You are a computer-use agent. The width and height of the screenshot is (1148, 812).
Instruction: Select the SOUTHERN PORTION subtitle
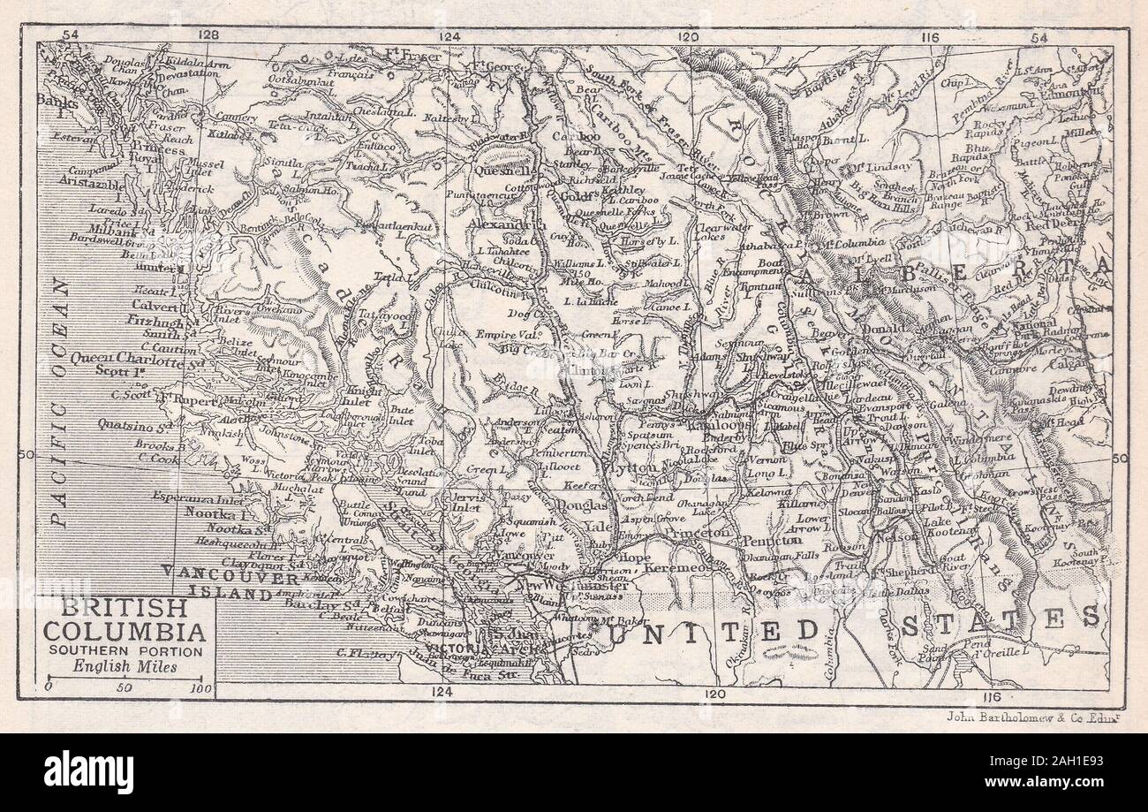(x=125, y=651)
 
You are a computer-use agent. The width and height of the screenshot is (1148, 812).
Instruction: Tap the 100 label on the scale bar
(x=201, y=687)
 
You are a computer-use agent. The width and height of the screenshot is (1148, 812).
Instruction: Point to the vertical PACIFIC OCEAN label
(x=59, y=402)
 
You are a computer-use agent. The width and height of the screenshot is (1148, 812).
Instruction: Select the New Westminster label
(x=567, y=586)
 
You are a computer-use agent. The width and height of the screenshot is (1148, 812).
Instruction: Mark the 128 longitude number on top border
(x=208, y=34)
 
